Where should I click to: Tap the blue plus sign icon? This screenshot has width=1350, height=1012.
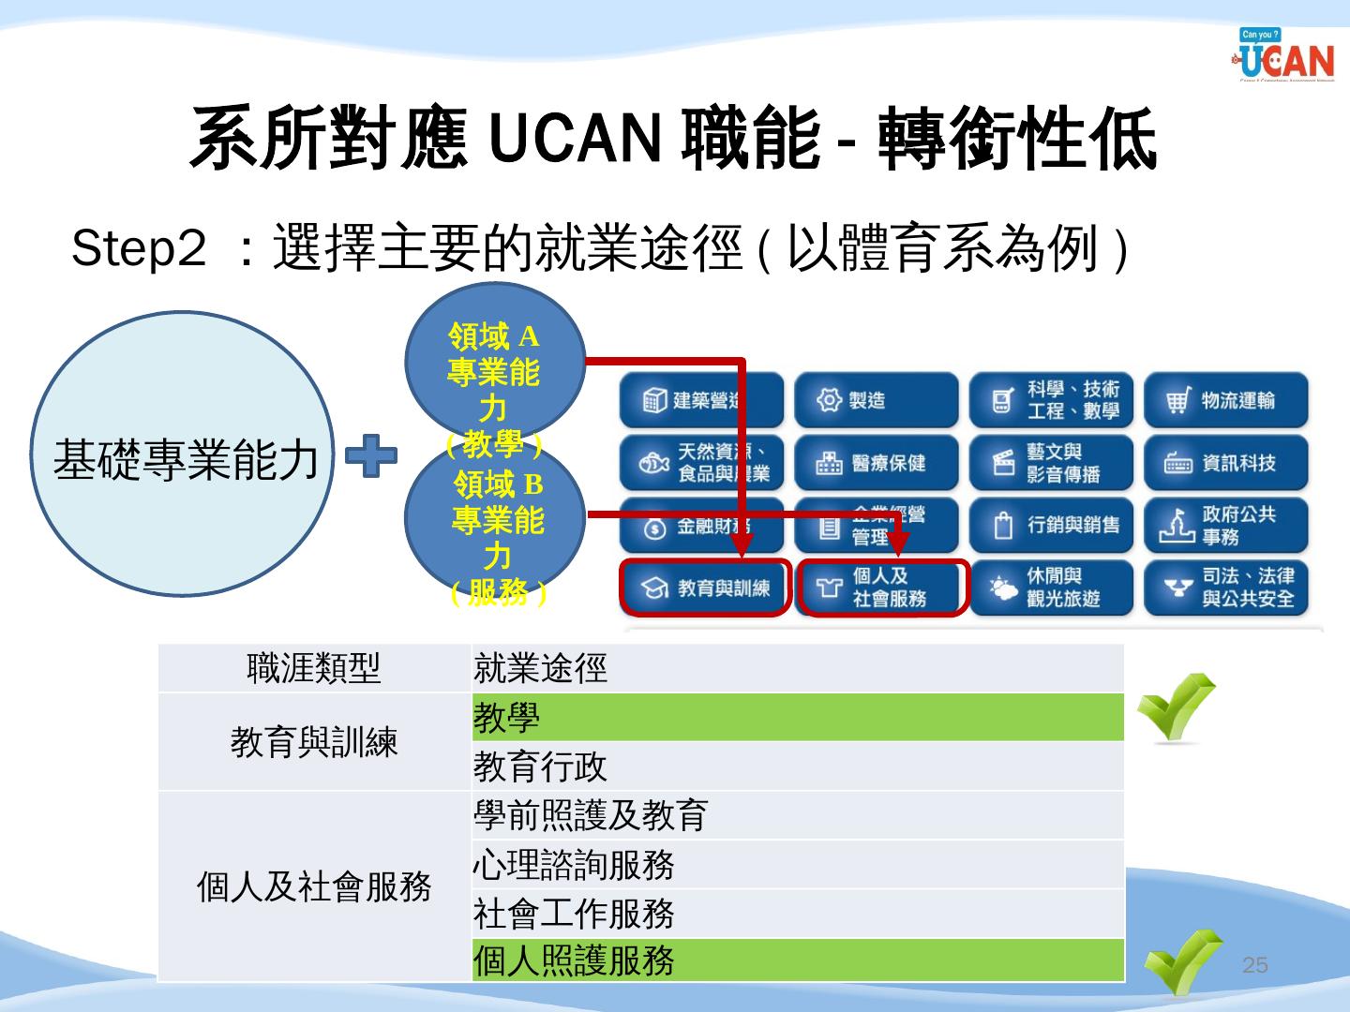(371, 456)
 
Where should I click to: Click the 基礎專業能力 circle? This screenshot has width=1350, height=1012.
(184, 454)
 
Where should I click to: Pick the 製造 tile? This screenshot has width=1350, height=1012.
(876, 401)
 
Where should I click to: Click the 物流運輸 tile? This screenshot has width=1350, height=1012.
(1225, 401)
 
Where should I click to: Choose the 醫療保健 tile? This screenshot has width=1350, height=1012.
(876, 463)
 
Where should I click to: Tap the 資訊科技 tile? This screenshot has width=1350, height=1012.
(1225, 463)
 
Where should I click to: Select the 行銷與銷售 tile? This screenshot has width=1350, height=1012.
(1051, 525)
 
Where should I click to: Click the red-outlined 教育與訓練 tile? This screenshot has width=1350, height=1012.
(705, 588)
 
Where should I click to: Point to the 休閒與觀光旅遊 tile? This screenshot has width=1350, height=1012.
(1051, 588)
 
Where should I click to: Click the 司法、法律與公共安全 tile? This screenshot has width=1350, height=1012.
(1225, 588)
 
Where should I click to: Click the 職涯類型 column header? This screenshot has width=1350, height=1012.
(314, 668)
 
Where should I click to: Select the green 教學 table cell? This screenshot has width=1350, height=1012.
(797, 718)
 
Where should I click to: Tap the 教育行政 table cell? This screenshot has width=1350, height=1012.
(797, 766)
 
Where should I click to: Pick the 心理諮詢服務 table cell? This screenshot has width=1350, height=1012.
(797, 864)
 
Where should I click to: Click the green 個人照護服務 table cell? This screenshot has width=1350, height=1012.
(797, 960)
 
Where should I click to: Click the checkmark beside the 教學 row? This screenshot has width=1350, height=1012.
(1176, 707)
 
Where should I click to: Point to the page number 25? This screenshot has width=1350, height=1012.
(1254, 965)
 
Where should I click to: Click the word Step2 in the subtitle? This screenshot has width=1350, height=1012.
(138, 249)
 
